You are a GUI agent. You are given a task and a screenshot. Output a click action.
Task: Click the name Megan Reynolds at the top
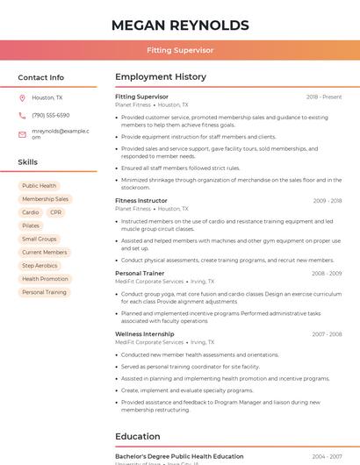pyautogui.click(x=180, y=25)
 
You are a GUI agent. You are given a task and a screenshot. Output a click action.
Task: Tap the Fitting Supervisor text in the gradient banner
pyautogui.click(x=180, y=50)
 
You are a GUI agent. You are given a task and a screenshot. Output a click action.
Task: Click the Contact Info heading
pyautogui.click(x=41, y=77)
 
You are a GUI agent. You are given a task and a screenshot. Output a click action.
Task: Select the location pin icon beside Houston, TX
pyautogui.click(x=22, y=97)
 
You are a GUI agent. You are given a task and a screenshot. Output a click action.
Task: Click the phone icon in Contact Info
pyautogui.click(x=22, y=115)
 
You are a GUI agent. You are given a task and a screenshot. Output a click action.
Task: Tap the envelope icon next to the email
pyautogui.click(x=22, y=134)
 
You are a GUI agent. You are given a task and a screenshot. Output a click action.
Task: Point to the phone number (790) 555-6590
pyautogui.click(x=51, y=115)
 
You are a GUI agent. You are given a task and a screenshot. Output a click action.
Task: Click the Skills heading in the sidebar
pyautogui.click(x=28, y=162)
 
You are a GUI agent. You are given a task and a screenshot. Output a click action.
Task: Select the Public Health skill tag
pyautogui.click(x=40, y=186)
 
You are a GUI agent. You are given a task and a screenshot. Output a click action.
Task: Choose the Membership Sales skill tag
pyautogui.click(x=45, y=199)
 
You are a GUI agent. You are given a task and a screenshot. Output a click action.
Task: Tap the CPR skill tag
pyautogui.click(x=56, y=212)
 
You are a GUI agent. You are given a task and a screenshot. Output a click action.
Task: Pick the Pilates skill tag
pyautogui.click(x=31, y=225)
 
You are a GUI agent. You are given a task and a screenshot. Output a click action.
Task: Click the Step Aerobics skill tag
pyautogui.click(x=40, y=265)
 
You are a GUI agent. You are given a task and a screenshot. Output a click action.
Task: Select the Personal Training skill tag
pyautogui.click(x=44, y=292)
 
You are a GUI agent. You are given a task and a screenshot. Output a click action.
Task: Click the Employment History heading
pyautogui.click(x=161, y=77)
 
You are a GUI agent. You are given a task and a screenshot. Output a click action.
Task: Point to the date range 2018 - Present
pyautogui.click(x=324, y=97)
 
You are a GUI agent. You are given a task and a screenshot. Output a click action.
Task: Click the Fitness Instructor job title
pyautogui.click(x=140, y=200)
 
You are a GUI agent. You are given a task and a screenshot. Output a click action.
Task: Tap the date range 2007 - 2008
pyautogui.click(x=328, y=334)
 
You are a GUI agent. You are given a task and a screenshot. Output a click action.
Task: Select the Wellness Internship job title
pyautogui.click(x=144, y=334)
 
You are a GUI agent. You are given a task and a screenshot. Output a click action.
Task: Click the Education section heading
pyautogui.click(x=138, y=436)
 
